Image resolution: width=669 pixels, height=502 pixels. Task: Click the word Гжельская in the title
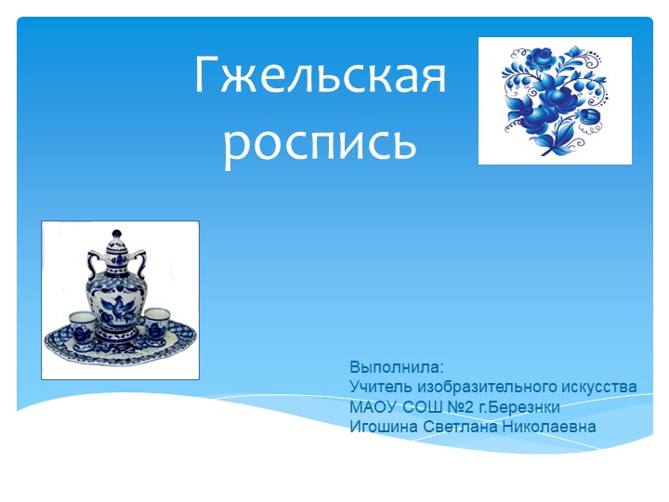click(320, 77)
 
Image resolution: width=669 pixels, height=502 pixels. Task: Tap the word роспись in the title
click(320, 141)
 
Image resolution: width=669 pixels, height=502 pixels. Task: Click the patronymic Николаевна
click(555, 427)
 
